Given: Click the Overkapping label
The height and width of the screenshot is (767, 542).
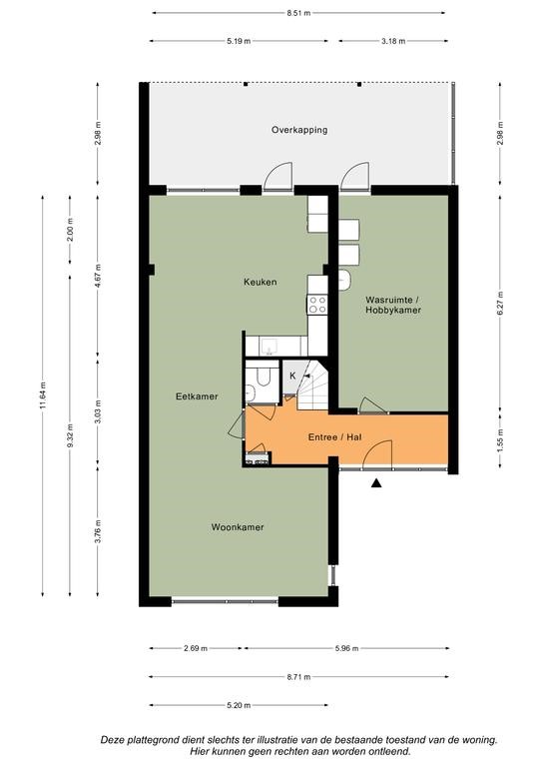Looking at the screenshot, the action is (x=299, y=130).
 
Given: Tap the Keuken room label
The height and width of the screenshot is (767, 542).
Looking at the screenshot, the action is (x=260, y=282).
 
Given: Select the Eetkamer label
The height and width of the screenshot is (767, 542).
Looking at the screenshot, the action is (x=197, y=396).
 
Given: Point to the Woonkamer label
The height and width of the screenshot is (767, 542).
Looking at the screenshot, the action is (x=238, y=527).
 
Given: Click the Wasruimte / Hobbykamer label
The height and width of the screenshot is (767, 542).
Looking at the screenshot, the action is (x=393, y=305).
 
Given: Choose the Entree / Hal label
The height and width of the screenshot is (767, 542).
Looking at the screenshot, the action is (x=334, y=436).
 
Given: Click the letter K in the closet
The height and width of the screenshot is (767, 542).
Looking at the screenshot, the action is (x=292, y=376).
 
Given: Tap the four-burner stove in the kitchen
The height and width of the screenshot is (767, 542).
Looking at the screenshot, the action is (x=317, y=305).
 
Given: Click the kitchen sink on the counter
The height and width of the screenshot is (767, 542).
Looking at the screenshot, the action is (x=270, y=347).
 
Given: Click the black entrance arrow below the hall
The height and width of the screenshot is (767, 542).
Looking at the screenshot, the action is (x=376, y=483).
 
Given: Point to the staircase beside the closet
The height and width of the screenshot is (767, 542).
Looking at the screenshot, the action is (x=312, y=385).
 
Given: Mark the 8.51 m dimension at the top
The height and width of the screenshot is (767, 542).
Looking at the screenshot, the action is (x=298, y=13).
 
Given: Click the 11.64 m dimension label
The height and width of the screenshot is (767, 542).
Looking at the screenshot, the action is (x=43, y=395).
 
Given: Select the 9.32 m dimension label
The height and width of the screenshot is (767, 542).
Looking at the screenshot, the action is (x=70, y=434).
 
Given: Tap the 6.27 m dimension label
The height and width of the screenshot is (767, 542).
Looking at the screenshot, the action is (x=500, y=304).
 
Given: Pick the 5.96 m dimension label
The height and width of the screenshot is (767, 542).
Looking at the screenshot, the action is (x=346, y=648).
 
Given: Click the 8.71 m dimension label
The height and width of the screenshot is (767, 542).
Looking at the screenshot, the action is (x=298, y=677).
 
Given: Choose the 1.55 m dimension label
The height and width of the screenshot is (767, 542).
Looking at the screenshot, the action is (x=500, y=440).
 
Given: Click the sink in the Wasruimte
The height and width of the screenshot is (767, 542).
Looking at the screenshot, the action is (x=344, y=280).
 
